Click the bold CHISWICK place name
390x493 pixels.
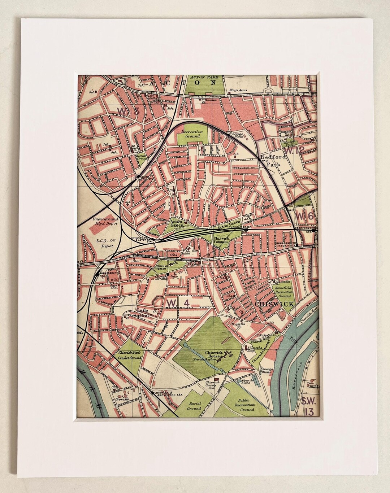pyautogui.click(x=274, y=304)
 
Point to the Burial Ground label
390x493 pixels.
pyautogui.click(x=194, y=406)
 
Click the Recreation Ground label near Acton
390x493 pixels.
pyautogui.click(x=192, y=134)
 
